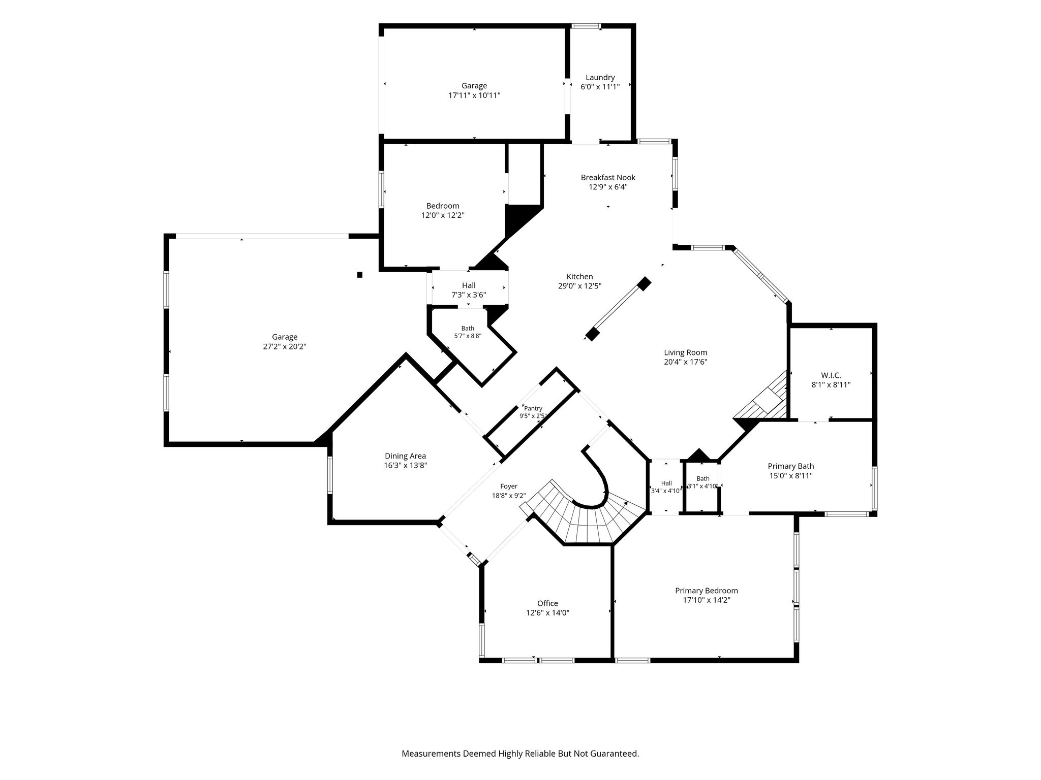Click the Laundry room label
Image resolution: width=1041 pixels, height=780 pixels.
coord(600,78)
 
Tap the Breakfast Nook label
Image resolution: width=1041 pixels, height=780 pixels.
coord(608,178)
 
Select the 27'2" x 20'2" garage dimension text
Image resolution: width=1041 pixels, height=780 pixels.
coord(284,346)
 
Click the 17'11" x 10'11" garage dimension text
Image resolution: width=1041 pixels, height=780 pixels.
coord(474,95)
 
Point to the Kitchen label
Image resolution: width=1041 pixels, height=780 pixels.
coord(579,277)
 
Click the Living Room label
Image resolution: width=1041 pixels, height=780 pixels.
coord(686,352)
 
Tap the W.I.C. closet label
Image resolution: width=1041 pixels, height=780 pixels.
coord(831,375)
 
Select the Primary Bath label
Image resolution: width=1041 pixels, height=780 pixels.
coord(790,466)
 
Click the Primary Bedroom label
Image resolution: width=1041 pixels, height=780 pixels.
coord(706,591)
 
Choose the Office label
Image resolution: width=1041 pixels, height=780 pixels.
coord(547,603)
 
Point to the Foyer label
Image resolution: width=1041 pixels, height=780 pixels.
coord(508,486)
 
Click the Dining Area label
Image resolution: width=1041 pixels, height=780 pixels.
coord(405,456)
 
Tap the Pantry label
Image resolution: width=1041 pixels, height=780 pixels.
coord(533,408)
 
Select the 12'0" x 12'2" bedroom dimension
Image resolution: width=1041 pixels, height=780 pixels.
coord(443,215)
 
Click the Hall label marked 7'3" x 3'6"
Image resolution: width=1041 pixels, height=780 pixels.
coord(469,286)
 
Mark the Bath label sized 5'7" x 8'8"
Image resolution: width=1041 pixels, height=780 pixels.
coord(468,329)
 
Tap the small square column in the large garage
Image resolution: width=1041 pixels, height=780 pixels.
coord(359,275)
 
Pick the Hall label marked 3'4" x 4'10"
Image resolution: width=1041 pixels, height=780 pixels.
coord(666,483)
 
